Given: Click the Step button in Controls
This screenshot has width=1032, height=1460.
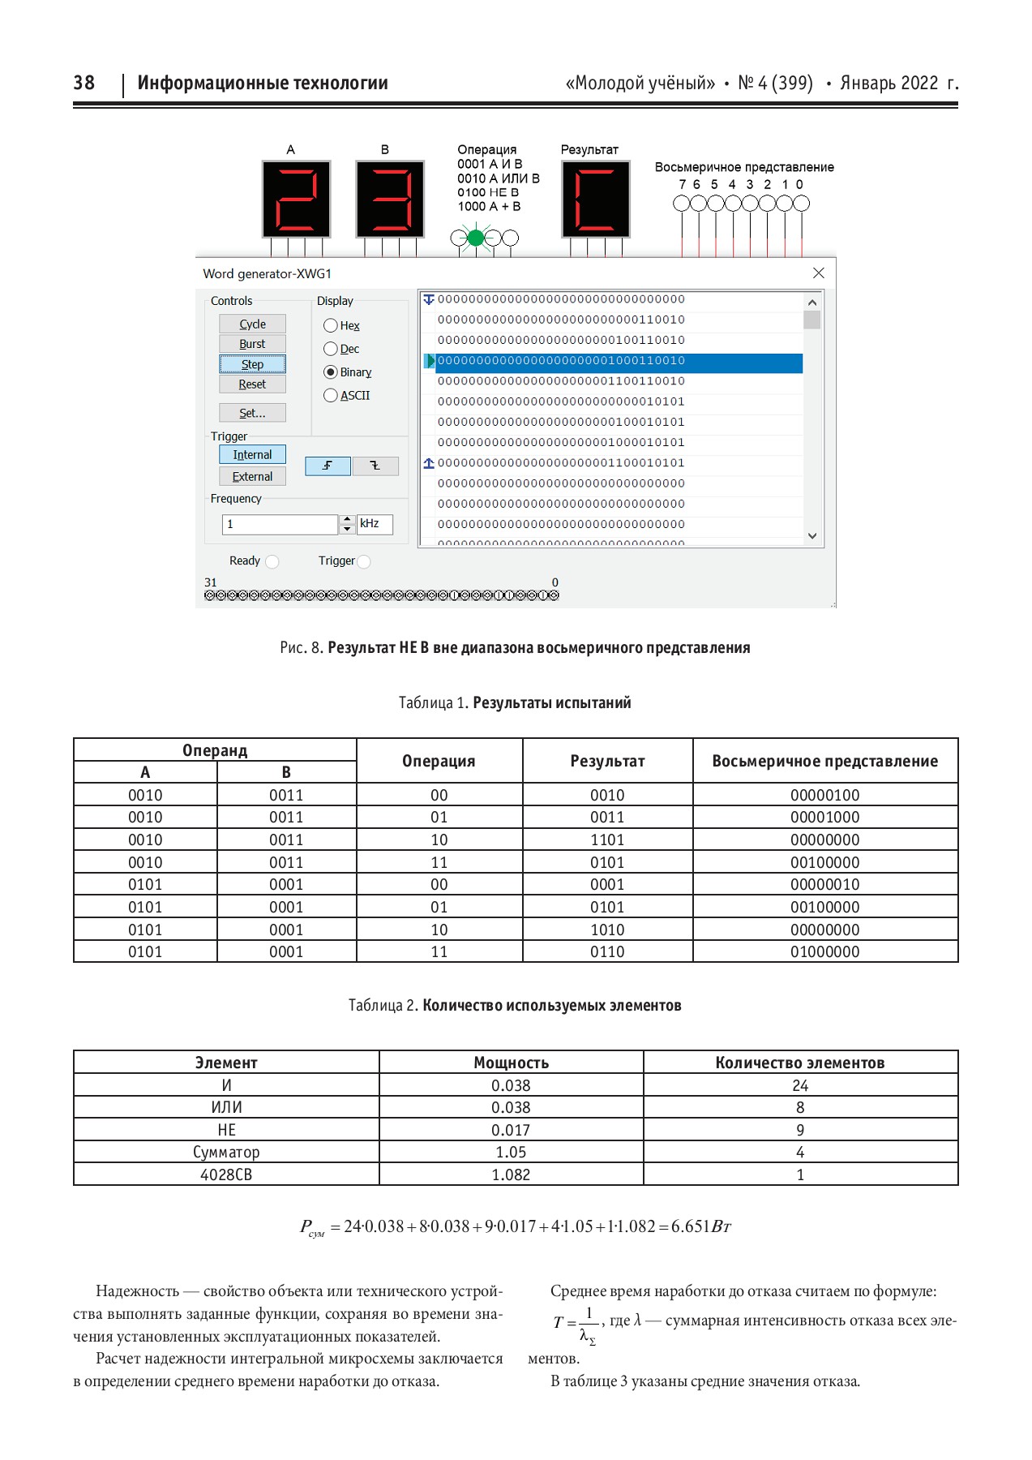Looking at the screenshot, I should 252,364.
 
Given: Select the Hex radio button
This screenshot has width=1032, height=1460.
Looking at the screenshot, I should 331,326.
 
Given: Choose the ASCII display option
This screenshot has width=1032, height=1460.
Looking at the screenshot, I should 331,396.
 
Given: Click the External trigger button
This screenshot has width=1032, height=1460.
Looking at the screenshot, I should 252,477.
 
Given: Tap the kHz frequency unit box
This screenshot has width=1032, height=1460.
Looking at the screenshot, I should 375,524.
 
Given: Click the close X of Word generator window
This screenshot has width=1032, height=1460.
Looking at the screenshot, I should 818,273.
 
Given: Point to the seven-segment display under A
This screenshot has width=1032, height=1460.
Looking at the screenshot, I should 296,200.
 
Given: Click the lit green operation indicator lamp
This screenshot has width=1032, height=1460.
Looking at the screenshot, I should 476,238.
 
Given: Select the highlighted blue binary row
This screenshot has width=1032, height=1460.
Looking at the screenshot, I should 616,361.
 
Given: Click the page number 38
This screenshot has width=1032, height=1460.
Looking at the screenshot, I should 84,83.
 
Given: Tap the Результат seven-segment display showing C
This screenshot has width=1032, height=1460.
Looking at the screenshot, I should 596,200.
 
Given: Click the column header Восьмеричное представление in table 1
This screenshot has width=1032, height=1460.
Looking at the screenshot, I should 824,761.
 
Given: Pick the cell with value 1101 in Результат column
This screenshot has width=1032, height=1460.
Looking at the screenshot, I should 607,839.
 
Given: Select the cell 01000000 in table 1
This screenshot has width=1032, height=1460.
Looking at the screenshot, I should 824,951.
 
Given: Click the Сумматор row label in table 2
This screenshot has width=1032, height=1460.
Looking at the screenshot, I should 226,1152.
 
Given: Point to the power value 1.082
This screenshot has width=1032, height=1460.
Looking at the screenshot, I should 511,1174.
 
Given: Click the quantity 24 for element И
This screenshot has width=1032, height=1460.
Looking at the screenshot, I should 800,1085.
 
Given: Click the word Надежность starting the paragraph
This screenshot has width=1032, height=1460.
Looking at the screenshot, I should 137,1290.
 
